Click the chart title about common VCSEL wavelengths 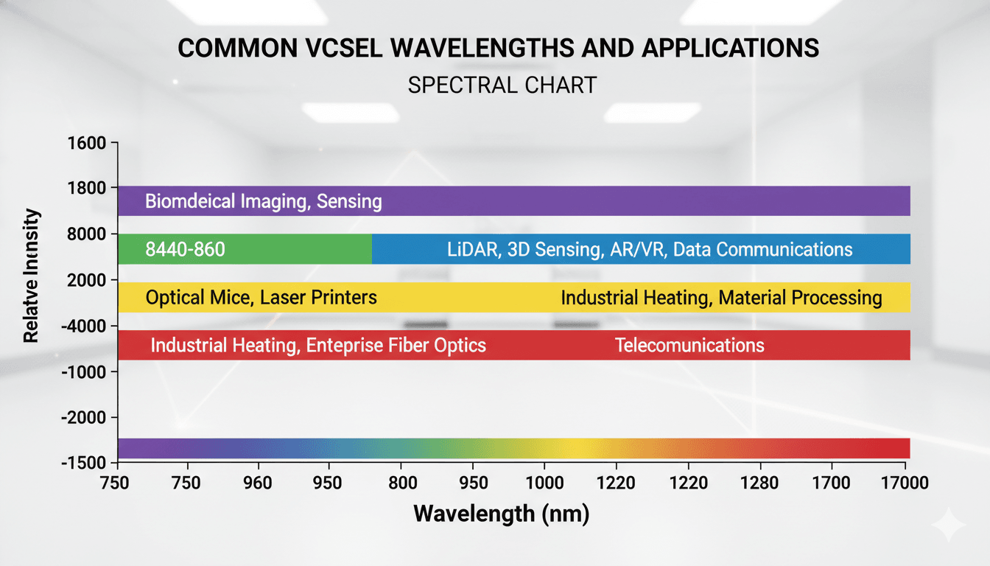point(499,49)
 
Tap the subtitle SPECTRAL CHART point(502,85)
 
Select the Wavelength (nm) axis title point(502,514)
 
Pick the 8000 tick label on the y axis point(87,234)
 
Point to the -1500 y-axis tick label point(85,463)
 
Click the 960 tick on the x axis point(258,483)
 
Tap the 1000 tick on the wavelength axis point(544,483)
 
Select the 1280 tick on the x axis point(759,483)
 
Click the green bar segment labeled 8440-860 point(245,249)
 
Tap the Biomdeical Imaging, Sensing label point(264,201)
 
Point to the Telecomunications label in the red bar point(689,345)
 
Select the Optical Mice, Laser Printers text point(261,298)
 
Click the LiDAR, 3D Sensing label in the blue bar point(650,249)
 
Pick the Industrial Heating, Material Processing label point(721,298)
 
